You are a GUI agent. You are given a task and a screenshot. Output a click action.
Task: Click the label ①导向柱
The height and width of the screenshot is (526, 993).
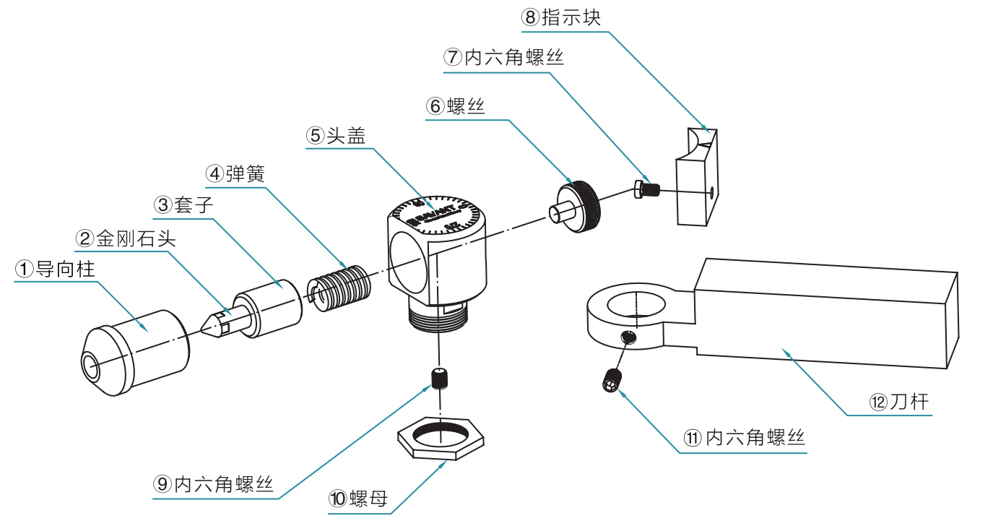coord(56,270)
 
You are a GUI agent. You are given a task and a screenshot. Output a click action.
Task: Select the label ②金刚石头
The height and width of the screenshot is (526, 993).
coord(126,238)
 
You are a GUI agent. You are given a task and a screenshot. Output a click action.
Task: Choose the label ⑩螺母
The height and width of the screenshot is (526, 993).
coord(359,499)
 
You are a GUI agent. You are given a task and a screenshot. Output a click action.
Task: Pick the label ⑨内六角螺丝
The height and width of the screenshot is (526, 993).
coord(214,483)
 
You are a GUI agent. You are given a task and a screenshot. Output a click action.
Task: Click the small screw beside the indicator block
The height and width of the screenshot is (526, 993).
coord(647,189)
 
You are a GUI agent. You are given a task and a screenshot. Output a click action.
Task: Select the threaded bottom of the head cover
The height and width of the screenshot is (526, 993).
coord(438,319)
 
